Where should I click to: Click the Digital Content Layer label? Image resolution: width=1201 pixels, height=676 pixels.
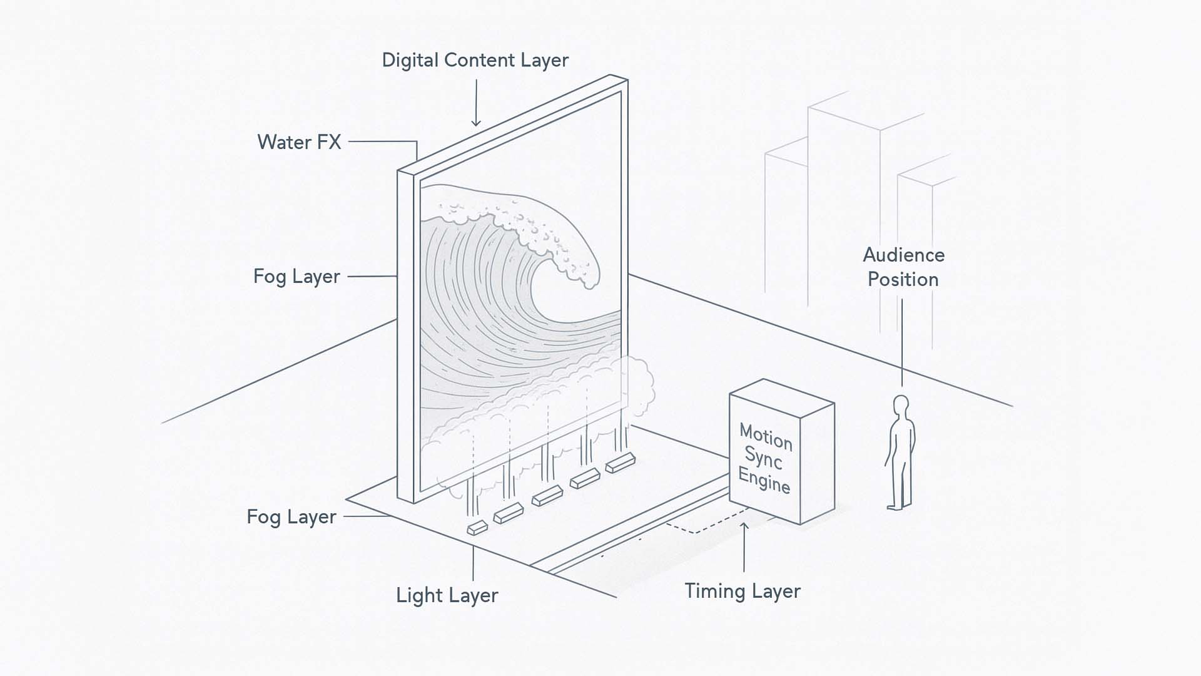tap(475, 60)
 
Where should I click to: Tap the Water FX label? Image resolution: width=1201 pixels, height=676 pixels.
tap(299, 142)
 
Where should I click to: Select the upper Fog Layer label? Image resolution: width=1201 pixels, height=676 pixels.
tap(296, 276)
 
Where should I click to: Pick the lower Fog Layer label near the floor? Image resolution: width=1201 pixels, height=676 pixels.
tap(291, 517)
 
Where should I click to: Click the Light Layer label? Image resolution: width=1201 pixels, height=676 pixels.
tap(447, 595)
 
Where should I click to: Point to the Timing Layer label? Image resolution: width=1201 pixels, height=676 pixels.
tap(742, 591)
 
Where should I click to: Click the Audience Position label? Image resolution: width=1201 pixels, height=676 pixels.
tap(903, 267)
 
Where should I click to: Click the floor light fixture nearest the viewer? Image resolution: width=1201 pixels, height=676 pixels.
tap(477, 528)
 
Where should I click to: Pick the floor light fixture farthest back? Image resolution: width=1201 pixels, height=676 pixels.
tap(620, 463)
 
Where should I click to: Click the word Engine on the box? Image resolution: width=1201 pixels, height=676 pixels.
tap(764, 480)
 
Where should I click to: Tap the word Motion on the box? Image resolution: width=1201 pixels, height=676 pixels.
tap(766, 436)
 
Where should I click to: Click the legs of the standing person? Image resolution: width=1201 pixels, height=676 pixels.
tap(901, 482)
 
